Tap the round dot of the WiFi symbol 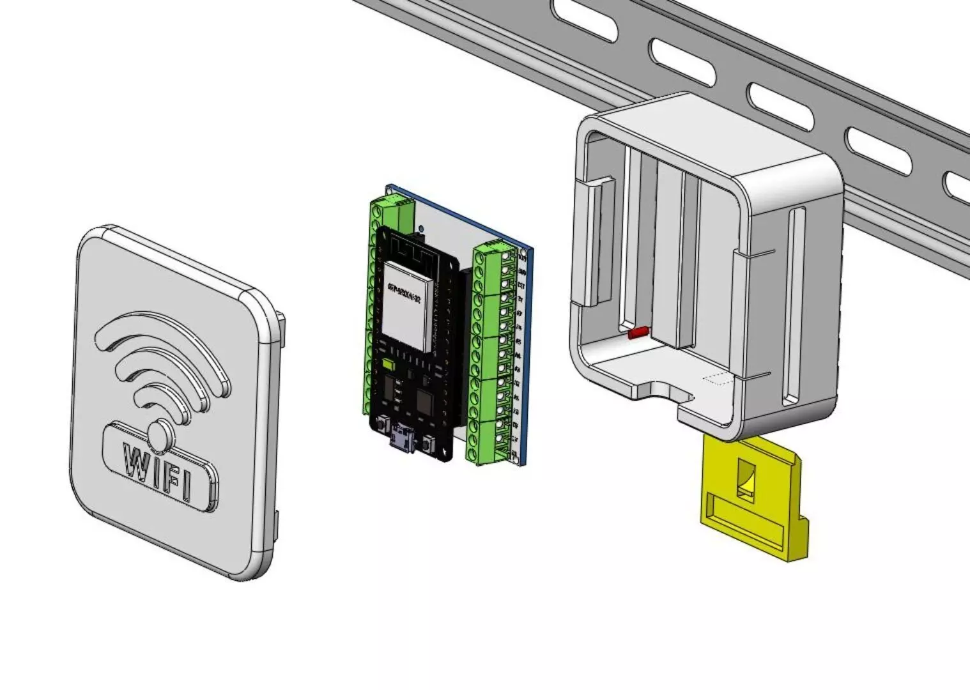[160, 436]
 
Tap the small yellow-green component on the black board [388, 367]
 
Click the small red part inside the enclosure [638, 333]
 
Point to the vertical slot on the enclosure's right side [794, 307]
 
